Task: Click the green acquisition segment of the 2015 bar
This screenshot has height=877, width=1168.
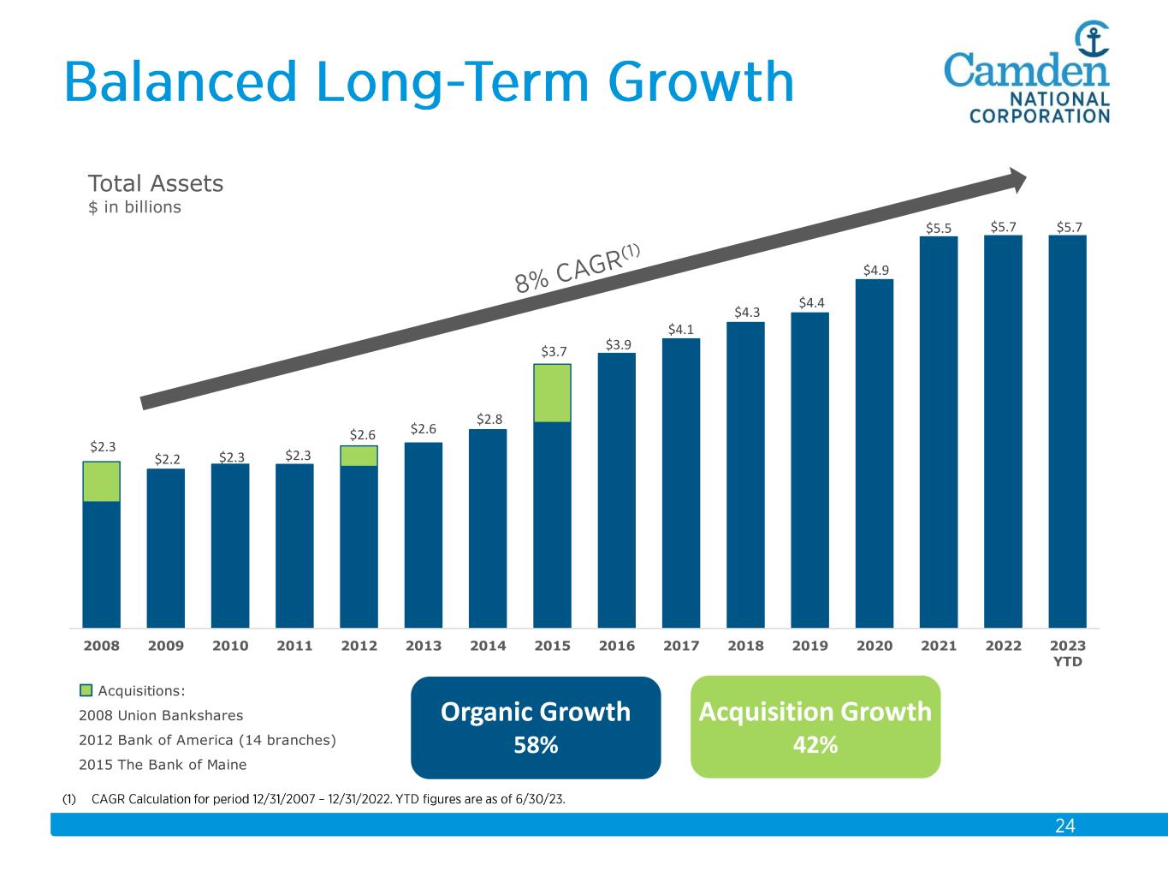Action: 552,393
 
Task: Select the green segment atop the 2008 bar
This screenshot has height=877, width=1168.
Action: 101,481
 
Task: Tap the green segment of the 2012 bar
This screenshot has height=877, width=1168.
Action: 359,456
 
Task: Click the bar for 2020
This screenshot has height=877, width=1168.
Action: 874,453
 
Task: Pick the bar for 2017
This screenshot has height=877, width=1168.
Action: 681,483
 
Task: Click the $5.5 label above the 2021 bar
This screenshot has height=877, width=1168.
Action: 939,228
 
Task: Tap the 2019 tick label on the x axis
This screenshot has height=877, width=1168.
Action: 809,646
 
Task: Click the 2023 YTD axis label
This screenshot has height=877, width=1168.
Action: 1067,653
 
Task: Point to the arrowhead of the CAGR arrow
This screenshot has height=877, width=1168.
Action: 1016,179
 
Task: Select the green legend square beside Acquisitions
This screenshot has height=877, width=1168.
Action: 86,690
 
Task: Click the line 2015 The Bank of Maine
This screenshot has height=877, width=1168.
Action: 163,765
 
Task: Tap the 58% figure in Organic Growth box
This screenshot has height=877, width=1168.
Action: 536,745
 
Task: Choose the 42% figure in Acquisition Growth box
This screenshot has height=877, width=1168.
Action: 815,745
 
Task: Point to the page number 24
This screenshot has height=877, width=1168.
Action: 1064,826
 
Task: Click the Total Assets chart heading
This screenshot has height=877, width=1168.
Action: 156,183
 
